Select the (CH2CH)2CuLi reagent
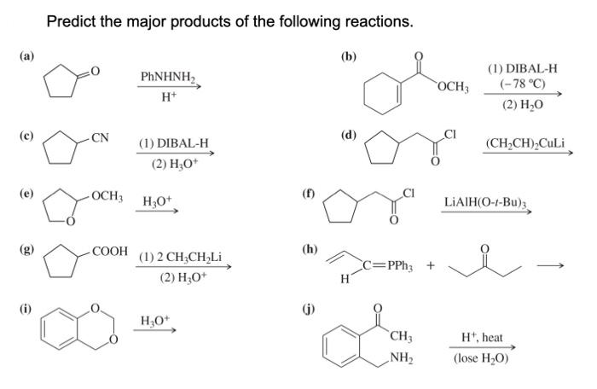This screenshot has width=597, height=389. coord(524,144)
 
